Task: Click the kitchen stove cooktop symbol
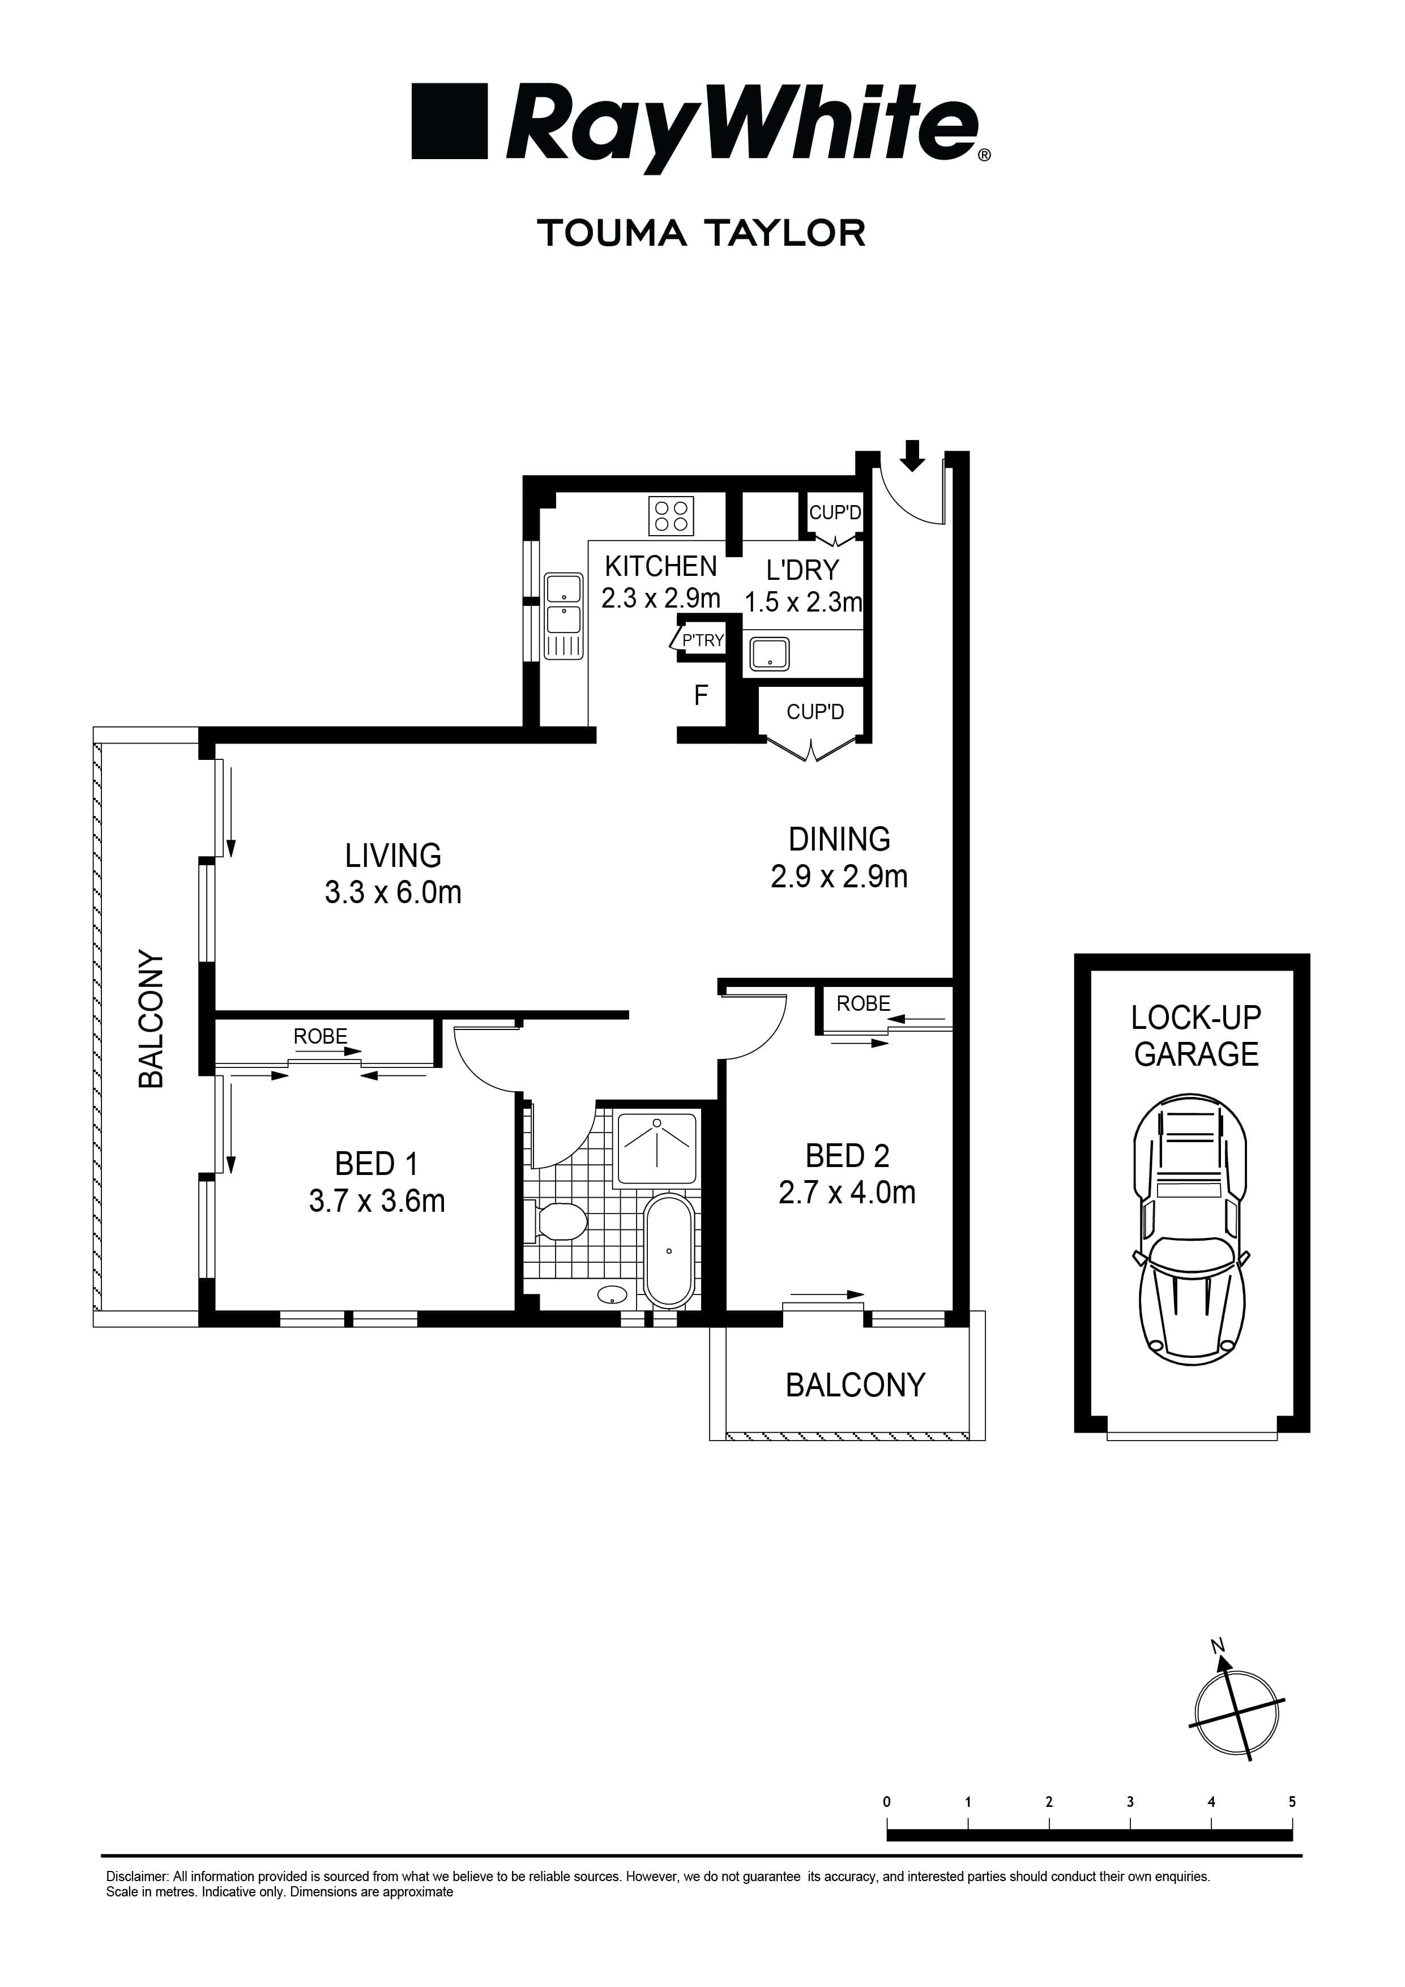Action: (672, 516)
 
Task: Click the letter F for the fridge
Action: (701, 695)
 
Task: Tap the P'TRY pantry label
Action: (702, 640)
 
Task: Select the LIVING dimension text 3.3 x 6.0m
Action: (393, 892)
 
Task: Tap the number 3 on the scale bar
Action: (1130, 1802)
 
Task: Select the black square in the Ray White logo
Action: (449, 121)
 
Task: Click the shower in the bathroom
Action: (656, 1148)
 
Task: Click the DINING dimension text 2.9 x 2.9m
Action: (839, 877)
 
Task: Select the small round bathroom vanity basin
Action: (613, 1296)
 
